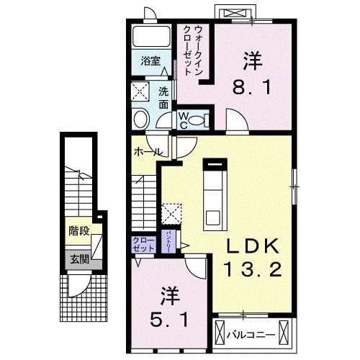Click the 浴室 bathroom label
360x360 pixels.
tap(150, 61)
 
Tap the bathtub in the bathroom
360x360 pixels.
tap(151, 35)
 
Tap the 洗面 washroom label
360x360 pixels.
tap(163, 97)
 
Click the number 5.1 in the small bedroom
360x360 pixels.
tap(171, 318)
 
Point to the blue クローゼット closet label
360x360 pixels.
tap(143, 244)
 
